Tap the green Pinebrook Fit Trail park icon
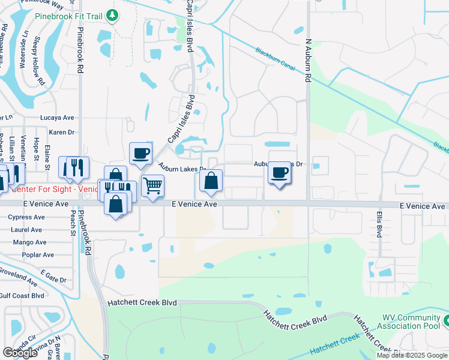coord(112,14)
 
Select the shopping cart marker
coord(153,185)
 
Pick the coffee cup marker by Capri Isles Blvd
coord(141,153)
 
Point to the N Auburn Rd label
coord(309,62)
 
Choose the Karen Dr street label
coord(61,132)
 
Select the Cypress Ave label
coord(25,217)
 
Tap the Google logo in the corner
coord(20,353)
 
